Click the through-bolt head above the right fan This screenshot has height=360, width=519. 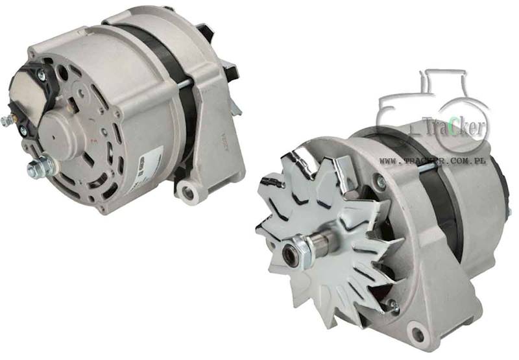pyautogui.click(x=381, y=184)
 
